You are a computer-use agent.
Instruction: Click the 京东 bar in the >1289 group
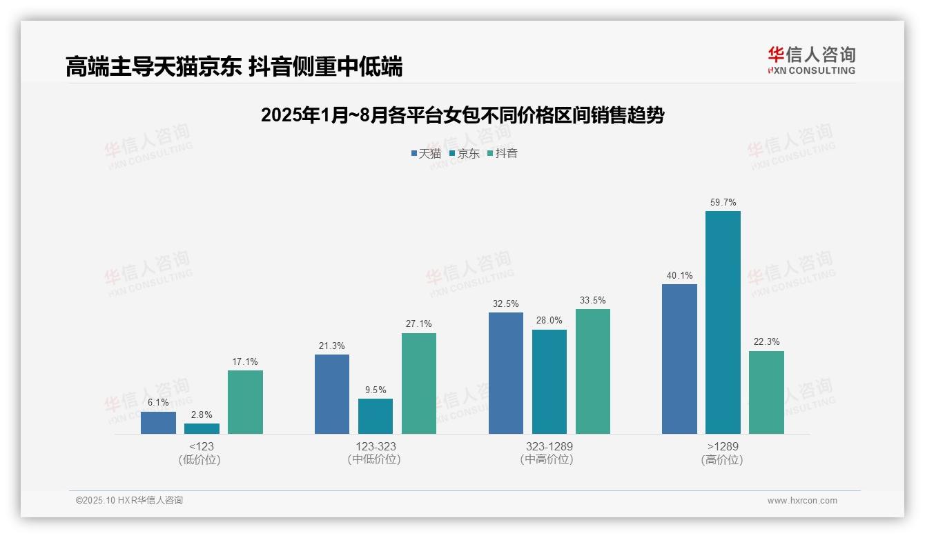(723, 322)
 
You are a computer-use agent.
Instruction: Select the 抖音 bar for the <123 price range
(245, 402)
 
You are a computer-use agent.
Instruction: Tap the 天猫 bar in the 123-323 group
(332, 394)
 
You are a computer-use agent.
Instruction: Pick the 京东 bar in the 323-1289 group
(549, 381)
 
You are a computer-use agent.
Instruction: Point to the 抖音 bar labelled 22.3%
(766, 392)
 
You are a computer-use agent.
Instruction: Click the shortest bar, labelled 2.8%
(202, 428)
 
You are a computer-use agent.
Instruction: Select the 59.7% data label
(723, 203)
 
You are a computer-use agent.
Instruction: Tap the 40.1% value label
(679, 276)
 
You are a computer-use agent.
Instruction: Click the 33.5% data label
(593, 301)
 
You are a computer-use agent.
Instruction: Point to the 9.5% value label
(376, 390)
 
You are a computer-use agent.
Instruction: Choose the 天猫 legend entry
(426, 153)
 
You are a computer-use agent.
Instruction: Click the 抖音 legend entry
(503, 153)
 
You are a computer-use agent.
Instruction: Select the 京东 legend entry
(464, 153)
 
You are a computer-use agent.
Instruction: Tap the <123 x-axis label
(201, 447)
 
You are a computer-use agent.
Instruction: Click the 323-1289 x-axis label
(549, 447)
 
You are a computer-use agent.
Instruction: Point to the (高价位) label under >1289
(723, 460)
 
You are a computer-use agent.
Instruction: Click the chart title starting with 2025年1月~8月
(463, 115)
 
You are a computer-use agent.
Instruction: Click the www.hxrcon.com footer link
(802, 501)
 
